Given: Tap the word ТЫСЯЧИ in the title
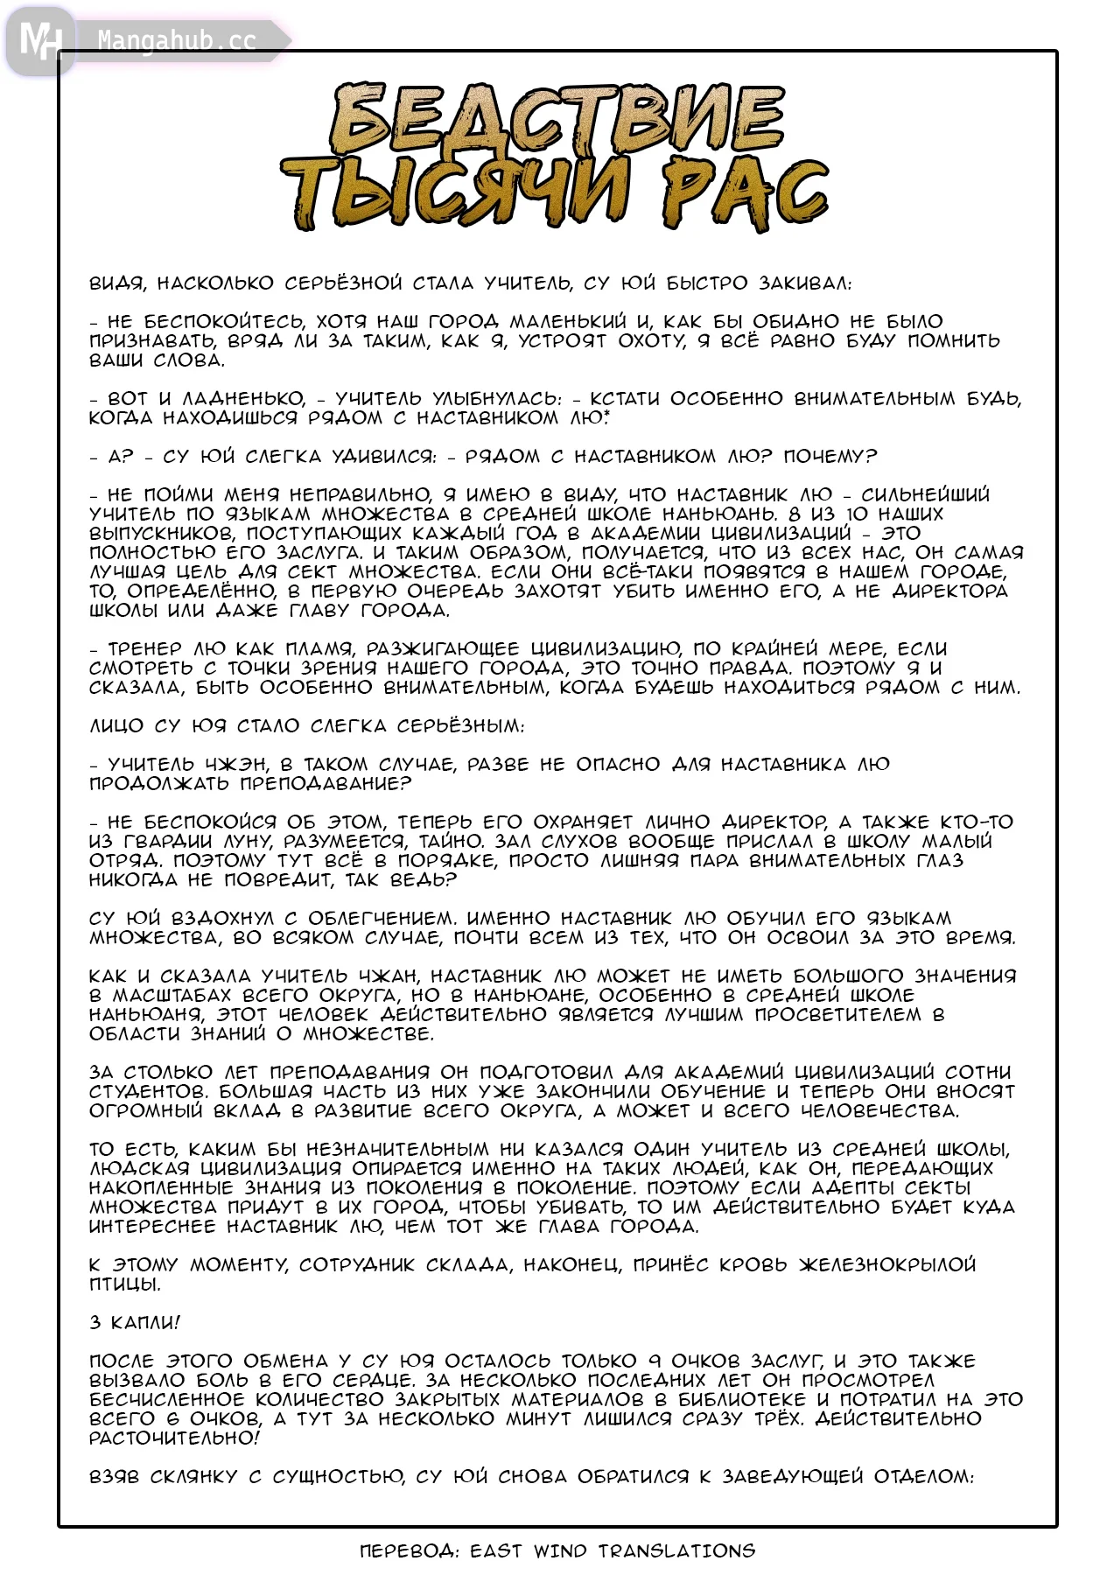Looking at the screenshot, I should (455, 194).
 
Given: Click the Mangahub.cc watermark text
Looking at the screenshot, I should (176, 40).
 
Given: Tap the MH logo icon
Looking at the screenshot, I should (39, 40).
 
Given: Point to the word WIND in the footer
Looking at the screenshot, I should (559, 1551).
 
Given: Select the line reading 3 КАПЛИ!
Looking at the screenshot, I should (135, 1322).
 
